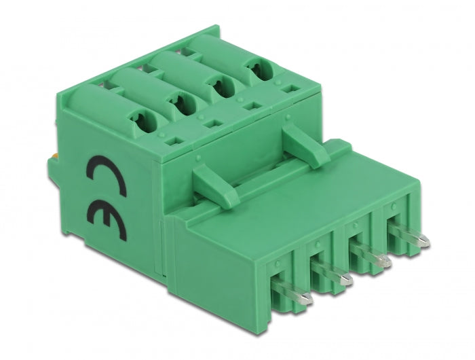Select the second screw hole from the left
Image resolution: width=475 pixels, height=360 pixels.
coord(183,104)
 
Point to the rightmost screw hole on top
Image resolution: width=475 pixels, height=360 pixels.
coord(256,71)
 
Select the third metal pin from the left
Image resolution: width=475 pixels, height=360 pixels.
coord(384,260)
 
